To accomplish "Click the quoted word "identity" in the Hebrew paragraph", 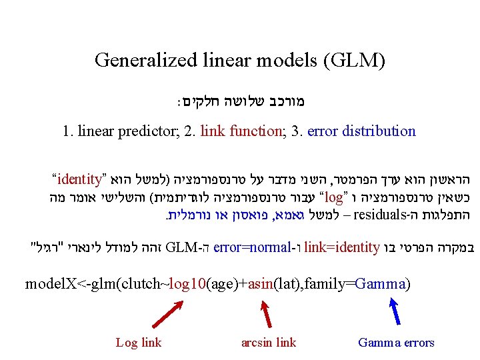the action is coord(80,179).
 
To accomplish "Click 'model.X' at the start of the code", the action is coord(51,284).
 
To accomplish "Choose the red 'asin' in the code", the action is coord(262,284).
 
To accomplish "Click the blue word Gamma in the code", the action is coord(380,284).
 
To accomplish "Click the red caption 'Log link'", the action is coord(139,343).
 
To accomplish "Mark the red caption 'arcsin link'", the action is coord(268,343).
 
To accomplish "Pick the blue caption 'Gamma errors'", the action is coord(396,343).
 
